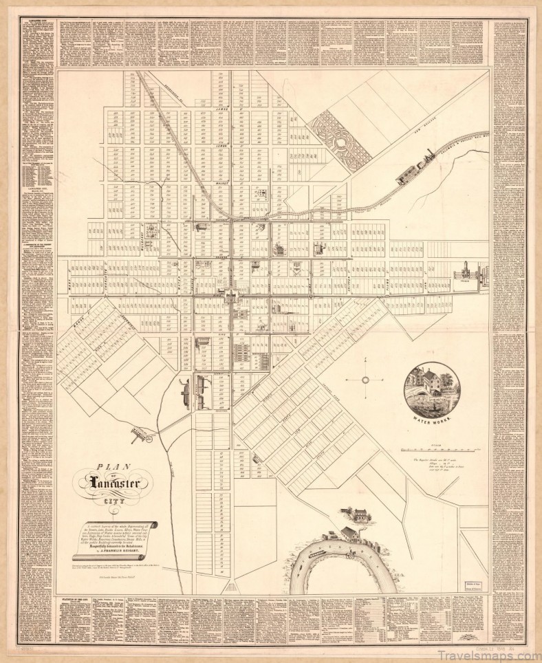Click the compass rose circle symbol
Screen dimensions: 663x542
[x=366, y=379]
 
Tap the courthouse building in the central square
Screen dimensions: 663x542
[x=231, y=296]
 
